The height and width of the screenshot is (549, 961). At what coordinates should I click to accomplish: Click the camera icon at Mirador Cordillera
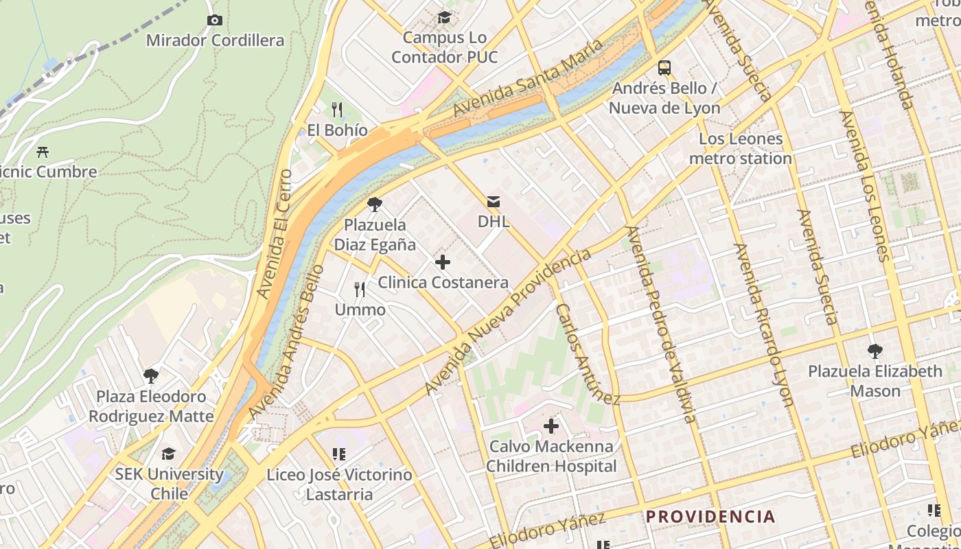coord(214,21)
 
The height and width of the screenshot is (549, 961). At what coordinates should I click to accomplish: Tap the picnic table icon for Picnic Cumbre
coord(43,152)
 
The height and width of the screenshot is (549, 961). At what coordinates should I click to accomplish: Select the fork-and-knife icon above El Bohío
coord(337,110)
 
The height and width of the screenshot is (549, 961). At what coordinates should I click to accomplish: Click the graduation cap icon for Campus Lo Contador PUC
coord(445,17)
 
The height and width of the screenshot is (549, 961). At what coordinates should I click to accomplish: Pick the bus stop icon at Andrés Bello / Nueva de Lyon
coord(664,68)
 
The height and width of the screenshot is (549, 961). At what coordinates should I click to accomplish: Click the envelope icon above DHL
coord(494,201)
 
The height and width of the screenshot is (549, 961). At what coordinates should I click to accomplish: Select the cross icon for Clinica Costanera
coord(443,262)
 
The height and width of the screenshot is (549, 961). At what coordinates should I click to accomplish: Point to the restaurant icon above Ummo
coord(360,290)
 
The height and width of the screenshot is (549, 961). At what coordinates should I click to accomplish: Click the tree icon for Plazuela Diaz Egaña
coord(375,204)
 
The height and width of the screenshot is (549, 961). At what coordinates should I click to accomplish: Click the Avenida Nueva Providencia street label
coord(507,322)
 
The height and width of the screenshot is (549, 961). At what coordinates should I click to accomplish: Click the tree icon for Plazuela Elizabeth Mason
coord(875,351)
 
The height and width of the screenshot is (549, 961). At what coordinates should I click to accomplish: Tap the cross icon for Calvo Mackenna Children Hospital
coord(551,427)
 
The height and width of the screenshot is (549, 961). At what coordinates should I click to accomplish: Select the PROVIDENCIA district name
coord(710,516)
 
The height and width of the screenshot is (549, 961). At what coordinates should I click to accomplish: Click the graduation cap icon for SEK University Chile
coord(168,454)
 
